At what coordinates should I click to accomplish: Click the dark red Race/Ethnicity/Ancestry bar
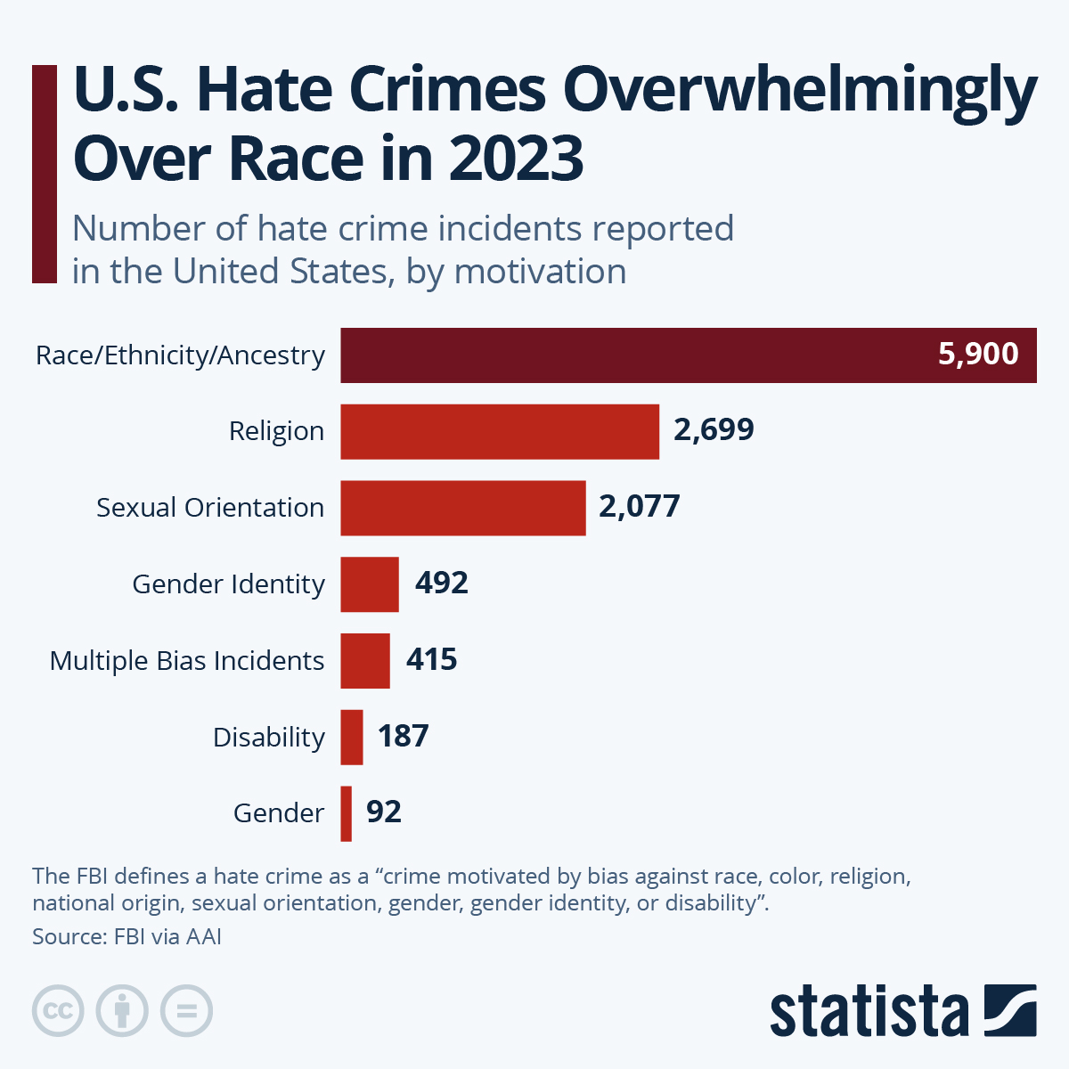click(624, 355)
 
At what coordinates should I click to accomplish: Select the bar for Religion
click(500, 432)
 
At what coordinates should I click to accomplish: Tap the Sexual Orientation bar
click(463, 508)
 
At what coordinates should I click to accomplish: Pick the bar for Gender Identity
click(370, 584)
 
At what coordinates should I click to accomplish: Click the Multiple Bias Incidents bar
click(365, 661)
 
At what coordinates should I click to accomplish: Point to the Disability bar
click(352, 738)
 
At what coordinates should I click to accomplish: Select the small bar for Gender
click(347, 813)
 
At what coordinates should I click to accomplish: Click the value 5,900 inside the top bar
click(978, 354)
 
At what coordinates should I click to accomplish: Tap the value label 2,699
click(714, 429)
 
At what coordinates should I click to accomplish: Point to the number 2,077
click(639, 506)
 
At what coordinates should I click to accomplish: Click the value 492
click(441, 583)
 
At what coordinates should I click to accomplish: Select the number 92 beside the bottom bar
click(384, 812)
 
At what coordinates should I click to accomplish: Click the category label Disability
click(269, 738)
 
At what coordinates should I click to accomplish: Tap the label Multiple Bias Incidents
click(187, 661)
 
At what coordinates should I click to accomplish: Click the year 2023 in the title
click(516, 158)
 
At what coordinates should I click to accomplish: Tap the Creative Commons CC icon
click(58, 1011)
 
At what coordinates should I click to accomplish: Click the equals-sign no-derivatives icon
click(187, 1011)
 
